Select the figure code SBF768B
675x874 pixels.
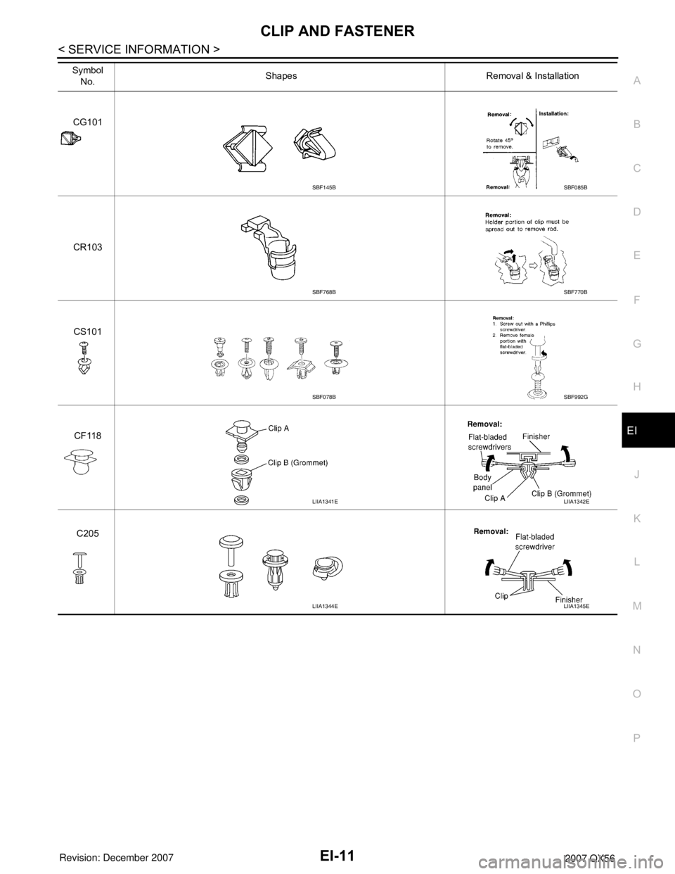pos(324,292)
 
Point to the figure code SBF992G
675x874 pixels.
pos(576,398)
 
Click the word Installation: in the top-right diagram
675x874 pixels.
pos(560,112)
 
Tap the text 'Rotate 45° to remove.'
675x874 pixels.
pos(503,144)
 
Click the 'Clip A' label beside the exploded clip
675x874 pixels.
pos(284,427)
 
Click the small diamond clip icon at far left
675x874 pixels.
pos(71,139)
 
